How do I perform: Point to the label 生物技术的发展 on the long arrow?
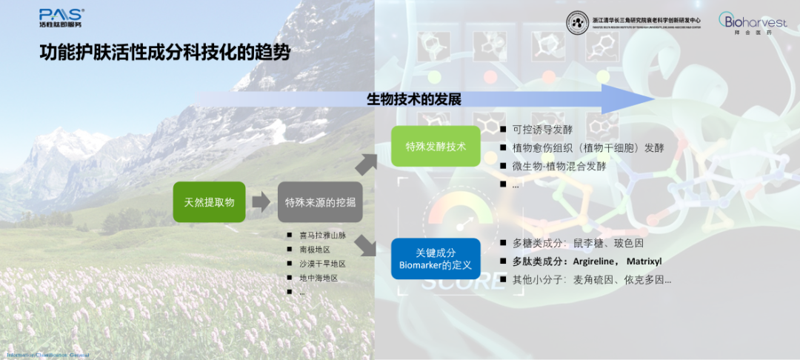coord(414,99)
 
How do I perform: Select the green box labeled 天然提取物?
coord(209,201)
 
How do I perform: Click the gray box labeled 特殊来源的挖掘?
coord(320,202)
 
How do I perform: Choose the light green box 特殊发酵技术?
coord(436,146)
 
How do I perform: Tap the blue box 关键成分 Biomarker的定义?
coord(436,259)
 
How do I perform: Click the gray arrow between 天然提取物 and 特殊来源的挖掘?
coord(261,201)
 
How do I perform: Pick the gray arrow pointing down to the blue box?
coord(367,243)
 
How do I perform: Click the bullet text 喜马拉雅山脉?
coord(322,236)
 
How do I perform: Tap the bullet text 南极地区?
coord(315,250)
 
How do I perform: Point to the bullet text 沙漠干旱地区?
coord(322,264)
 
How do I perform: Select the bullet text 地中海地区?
coord(319,278)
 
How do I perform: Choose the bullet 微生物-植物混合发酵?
coord(559,166)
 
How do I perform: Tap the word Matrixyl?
coord(644,261)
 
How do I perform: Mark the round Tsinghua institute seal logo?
coord(578,22)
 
